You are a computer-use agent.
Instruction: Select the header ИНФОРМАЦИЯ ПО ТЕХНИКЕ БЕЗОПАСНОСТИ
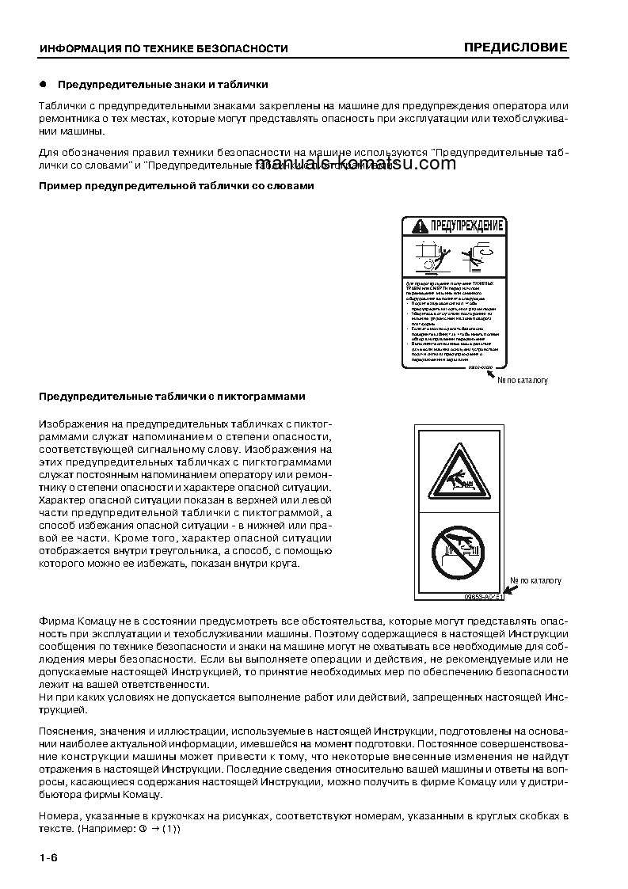(163, 49)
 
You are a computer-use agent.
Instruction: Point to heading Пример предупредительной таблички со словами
(176, 186)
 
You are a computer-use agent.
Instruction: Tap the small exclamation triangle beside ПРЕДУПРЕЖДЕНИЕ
(418, 228)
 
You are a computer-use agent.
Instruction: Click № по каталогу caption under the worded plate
(522, 381)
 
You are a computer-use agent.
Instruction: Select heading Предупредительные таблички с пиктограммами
(172, 396)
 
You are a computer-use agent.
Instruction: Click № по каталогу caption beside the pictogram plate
(535, 580)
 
